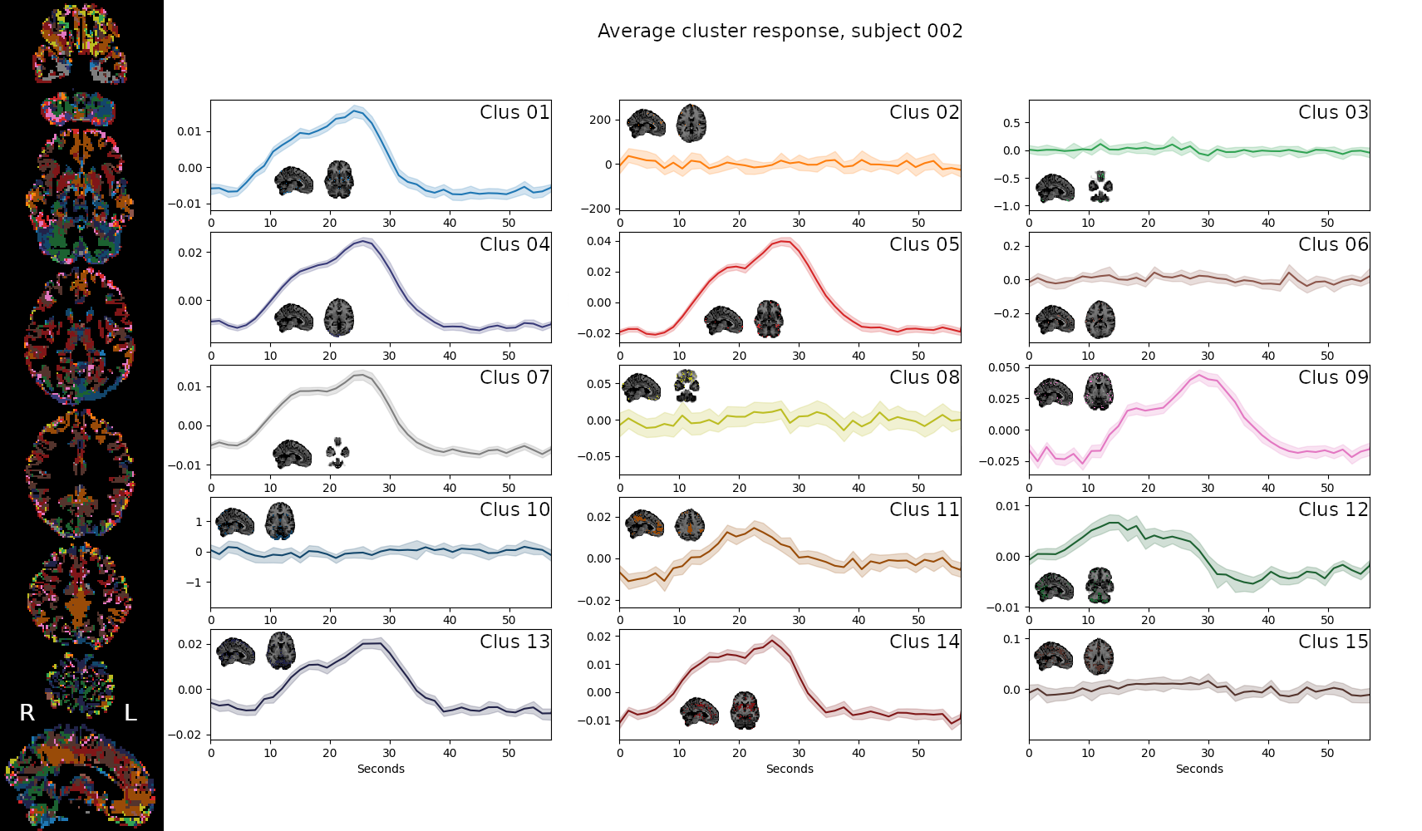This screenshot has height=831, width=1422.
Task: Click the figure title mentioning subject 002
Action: click(780, 32)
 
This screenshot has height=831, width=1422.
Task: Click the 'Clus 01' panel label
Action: click(514, 112)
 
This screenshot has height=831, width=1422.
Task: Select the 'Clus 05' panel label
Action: click(924, 244)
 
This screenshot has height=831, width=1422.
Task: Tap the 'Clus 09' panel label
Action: click(1333, 377)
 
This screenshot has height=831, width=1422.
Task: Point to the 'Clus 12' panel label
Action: click(1333, 509)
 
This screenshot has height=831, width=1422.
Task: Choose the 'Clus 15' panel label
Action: click(1333, 642)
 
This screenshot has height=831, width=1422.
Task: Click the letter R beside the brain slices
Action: click(27, 713)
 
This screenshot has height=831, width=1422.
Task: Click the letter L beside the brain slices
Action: click(130, 713)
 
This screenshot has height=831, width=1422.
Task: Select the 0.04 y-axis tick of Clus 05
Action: click(598, 241)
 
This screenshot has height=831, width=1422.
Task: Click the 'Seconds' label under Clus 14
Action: click(790, 769)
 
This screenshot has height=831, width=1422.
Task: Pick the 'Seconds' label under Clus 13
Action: click(381, 769)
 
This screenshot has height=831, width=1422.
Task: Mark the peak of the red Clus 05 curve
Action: click(781, 241)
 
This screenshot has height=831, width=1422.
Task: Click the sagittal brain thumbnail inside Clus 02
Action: click(646, 124)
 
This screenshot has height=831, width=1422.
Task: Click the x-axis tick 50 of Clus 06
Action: click(1327, 356)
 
